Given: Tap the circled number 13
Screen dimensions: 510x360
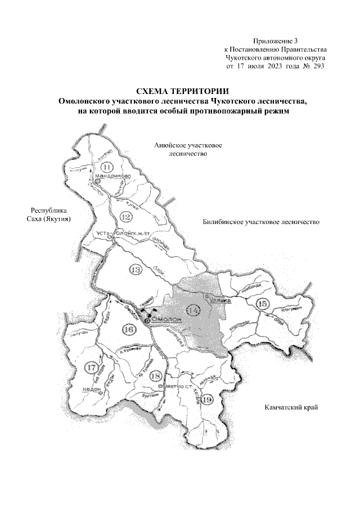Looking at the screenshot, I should pyautogui.click(x=135, y=270).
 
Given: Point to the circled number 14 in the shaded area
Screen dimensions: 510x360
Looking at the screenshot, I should pyautogui.click(x=193, y=310).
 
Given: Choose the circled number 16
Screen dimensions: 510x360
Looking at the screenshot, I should pyautogui.click(x=128, y=330).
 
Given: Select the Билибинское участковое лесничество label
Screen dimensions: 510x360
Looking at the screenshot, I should pyautogui.click(x=261, y=222).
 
